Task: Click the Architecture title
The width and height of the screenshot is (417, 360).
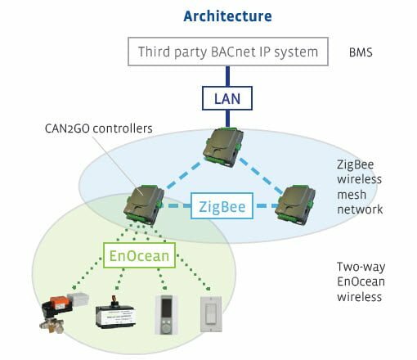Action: (x=227, y=16)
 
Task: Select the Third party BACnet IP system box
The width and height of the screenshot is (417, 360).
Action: (x=228, y=52)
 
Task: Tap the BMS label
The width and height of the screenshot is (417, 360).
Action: (x=361, y=52)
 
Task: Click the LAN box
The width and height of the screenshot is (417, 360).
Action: (x=227, y=98)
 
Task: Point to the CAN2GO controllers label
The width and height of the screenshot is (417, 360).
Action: (x=98, y=128)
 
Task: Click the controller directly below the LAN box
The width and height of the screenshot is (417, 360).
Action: (x=223, y=146)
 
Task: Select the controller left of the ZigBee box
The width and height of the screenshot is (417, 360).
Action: (x=144, y=205)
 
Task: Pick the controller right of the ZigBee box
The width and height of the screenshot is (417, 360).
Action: (x=295, y=205)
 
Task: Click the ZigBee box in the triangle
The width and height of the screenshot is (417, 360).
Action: (x=222, y=206)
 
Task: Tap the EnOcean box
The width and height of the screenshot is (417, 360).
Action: (x=139, y=255)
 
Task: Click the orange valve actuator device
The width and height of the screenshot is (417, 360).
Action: (x=64, y=312)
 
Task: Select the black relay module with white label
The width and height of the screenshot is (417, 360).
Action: (x=115, y=313)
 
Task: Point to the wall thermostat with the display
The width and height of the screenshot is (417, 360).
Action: (x=166, y=315)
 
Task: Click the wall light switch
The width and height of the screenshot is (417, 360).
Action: (x=211, y=314)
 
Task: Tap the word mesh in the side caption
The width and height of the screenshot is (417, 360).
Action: (x=352, y=195)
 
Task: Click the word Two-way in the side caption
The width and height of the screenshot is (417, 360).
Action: (x=361, y=267)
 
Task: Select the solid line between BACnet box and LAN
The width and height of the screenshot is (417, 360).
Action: (x=228, y=76)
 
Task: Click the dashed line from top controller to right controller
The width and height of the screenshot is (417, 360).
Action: (x=262, y=176)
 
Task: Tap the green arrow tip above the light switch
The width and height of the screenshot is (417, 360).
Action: (x=208, y=289)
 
